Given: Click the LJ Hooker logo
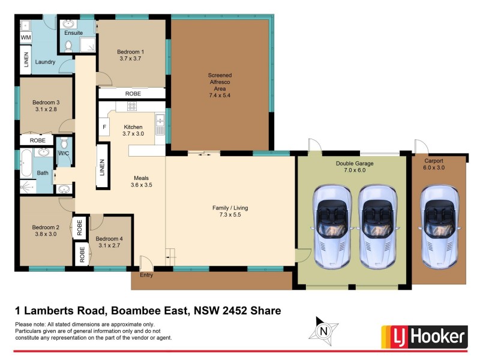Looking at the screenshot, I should coord(425,336).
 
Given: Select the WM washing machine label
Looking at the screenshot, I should coord(26,38).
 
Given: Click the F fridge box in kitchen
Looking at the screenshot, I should coord(104,127).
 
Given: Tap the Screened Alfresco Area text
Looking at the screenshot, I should coord(220,82).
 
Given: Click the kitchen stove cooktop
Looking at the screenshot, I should coord(131,106).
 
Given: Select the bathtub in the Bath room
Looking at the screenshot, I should coord(26,164).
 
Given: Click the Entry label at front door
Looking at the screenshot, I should coord(146,275).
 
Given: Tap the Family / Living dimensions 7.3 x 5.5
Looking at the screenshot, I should coord(230,215).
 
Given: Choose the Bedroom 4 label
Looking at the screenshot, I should coord(109,238).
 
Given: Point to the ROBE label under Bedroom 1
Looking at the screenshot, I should coord(133,94).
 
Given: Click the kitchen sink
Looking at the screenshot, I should coord(160,125).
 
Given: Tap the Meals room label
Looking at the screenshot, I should coord(141,178).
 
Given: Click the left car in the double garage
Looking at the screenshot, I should coord(332,226).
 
